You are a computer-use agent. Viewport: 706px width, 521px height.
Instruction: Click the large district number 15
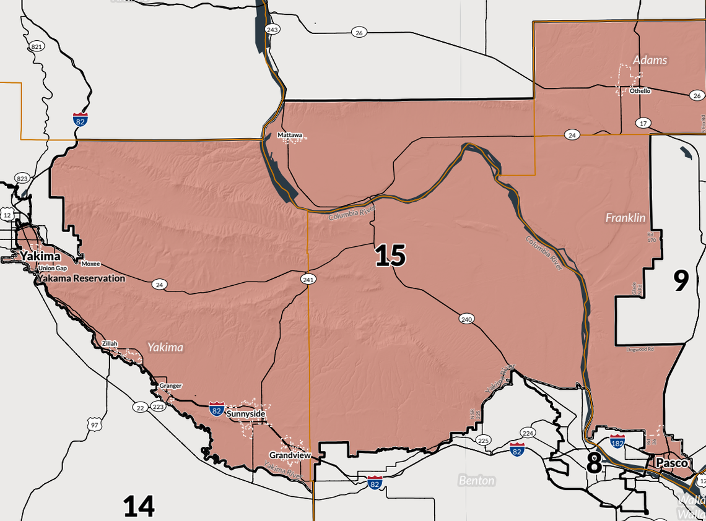pos(390,256)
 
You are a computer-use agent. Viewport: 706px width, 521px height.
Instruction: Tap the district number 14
pos(138,506)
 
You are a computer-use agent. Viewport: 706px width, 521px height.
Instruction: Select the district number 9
pos(681,281)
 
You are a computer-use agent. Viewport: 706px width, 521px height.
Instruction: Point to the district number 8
pos(593,462)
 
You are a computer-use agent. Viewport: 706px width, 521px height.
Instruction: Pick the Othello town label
pos(640,91)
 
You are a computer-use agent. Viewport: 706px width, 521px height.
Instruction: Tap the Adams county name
pos(650,60)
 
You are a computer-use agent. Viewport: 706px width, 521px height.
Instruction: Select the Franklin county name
pos(625,218)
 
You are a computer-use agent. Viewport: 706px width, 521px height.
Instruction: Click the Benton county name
pos(476,480)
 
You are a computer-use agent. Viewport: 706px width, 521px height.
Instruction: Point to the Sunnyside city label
pos(246,413)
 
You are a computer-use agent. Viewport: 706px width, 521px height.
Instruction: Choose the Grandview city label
pos(290,455)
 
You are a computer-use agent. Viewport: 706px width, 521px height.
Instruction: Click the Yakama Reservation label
pos(81,278)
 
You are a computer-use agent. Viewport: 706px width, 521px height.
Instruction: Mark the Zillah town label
pos(110,343)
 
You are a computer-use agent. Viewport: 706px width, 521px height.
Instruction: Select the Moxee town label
pos(90,264)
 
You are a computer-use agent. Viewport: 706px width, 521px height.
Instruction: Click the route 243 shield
pos(271,30)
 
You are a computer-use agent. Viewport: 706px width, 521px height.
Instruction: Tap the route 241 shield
pos(308,280)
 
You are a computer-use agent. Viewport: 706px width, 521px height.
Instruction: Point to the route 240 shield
pos(466,319)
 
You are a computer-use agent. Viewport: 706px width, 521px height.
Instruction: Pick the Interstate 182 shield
pos(617,440)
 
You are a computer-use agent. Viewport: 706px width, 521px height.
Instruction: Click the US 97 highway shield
pos(94,425)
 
